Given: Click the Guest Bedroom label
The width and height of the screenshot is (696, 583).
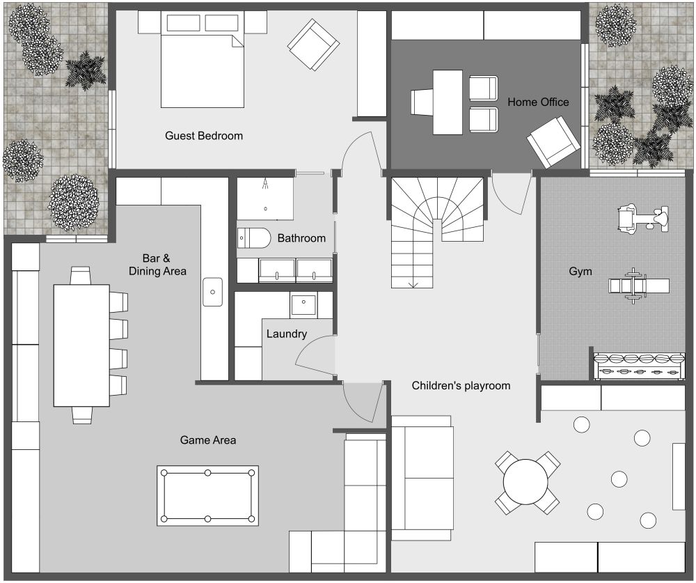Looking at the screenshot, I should point(204,136).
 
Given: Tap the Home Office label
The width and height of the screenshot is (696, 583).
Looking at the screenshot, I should point(538,102).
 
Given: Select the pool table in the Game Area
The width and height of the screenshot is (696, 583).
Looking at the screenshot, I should point(207,495).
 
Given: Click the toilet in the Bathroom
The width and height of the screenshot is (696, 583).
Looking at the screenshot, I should point(253,238).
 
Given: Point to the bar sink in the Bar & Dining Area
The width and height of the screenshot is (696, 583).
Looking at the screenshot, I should point(213,292).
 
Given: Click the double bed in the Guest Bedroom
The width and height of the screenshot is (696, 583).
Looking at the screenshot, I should point(203,70).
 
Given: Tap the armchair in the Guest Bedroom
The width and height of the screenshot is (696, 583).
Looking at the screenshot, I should point(313,45).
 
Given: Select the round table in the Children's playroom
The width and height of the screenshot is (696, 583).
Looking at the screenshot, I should point(527,482).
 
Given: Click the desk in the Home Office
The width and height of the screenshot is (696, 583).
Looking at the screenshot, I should point(448,102).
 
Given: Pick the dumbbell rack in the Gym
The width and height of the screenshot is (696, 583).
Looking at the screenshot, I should point(638,366).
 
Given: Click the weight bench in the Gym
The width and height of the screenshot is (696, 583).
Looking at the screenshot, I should point(638,285).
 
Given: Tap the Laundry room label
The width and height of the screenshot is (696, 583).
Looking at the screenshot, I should point(286,334).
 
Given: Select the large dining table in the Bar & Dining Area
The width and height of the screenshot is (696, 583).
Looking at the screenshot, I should point(81,345).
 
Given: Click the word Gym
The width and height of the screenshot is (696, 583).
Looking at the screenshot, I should point(580,271).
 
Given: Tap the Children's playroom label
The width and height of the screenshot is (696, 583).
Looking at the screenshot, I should point(461,385).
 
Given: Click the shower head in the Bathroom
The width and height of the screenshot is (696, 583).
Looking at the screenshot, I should point(267,185).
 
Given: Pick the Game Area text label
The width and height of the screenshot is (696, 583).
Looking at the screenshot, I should point(207,440).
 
